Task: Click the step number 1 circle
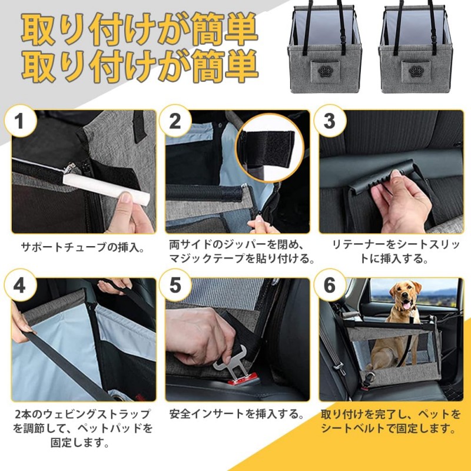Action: pyautogui.click(x=21, y=121)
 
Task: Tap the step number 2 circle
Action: pyautogui.click(x=175, y=121)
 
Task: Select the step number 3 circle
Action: pyautogui.click(x=330, y=121)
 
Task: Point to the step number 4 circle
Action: pyautogui.click(x=21, y=285)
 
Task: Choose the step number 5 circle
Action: pyautogui.click(x=175, y=285)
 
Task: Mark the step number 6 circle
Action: pyautogui.click(x=330, y=285)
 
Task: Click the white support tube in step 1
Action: pyautogui.click(x=107, y=188)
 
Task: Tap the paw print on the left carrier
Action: pyautogui.click(x=325, y=71)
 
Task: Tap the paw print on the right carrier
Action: pyautogui.click(x=416, y=71)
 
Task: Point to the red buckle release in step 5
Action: pyautogui.click(x=242, y=379)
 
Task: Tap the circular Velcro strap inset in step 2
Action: pyautogui.click(x=270, y=148)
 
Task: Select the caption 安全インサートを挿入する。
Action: pyautogui.click(x=237, y=414)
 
